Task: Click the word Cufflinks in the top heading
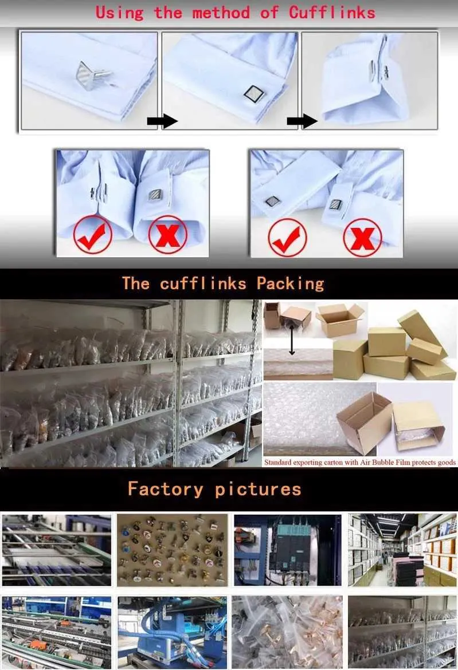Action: (332, 13)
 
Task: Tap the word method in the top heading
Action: (221, 13)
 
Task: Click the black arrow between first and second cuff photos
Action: (162, 121)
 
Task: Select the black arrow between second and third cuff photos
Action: (302, 121)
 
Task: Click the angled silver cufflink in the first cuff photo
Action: (93, 75)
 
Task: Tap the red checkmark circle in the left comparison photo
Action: (93, 235)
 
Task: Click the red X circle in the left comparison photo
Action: (167, 235)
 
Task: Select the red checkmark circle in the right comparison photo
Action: (287, 238)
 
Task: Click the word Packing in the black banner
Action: (291, 283)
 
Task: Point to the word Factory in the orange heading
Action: (166, 488)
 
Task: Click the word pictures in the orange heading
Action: (259, 490)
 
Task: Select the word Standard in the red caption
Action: (277, 462)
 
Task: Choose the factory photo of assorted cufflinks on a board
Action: (173, 550)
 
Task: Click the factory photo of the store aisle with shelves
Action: (402, 550)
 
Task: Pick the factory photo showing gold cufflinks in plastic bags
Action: (287, 632)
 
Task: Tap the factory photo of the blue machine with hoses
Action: (173, 632)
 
